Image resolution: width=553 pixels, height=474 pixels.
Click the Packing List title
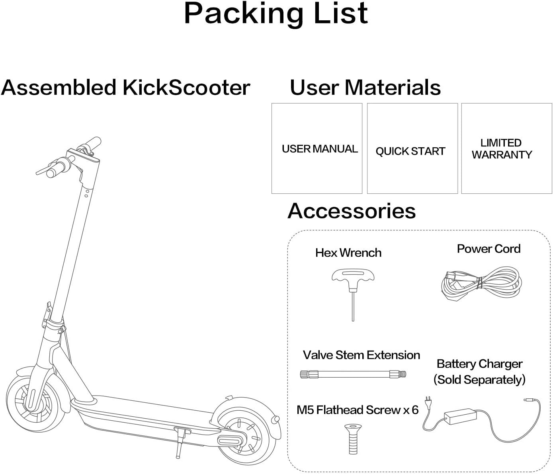click(x=276, y=14)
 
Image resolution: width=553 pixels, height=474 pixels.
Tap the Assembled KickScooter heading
click(x=125, y=88)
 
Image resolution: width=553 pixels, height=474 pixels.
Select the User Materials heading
click(x=365, y=88)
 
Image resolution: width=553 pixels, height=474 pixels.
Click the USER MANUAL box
click(x=317, y=148)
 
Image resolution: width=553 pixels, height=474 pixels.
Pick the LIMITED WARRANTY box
click(x=506, y=148)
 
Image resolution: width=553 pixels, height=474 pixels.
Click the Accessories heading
click(x=352, y=211)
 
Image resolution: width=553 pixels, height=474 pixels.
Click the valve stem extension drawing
click(x=353, y=374)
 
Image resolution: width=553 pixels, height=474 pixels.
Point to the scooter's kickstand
click(x=178, y=442)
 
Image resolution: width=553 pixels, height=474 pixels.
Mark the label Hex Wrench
click(x=348, y=253)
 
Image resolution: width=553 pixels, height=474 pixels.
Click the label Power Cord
click(x=489, y=249)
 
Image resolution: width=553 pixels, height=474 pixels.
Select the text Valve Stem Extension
click(x=361, y=355)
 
